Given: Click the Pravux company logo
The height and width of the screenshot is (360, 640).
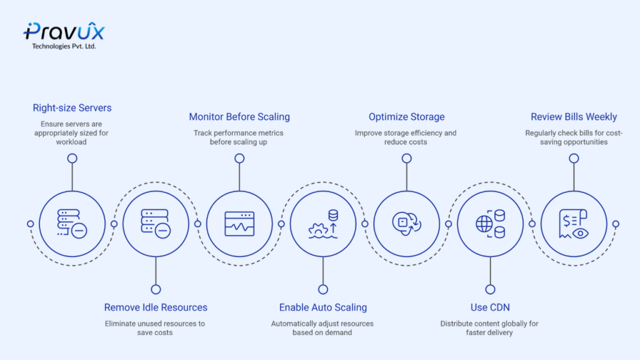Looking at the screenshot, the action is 64,35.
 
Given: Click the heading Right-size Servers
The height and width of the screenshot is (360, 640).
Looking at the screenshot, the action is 72,107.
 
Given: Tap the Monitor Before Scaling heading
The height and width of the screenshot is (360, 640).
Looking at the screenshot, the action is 239,117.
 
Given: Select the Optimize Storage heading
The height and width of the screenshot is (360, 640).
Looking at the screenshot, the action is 406,117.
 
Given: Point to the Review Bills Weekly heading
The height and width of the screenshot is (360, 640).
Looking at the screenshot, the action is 574,117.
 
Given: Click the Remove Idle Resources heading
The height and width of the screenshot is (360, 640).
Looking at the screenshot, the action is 156,307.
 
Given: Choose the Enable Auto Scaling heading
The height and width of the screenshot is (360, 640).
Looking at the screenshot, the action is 323,307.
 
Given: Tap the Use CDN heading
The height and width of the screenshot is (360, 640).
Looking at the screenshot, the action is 490,307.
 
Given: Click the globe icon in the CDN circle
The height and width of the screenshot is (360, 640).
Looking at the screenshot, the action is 484,224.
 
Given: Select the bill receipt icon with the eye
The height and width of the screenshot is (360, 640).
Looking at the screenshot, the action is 574,224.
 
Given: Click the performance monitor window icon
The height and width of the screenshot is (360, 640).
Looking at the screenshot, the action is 239,224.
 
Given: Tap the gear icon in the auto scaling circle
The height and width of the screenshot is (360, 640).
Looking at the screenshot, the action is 318,230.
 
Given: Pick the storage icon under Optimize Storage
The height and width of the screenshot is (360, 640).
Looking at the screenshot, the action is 406,224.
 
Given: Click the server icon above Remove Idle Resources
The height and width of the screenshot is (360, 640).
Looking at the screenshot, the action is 156,223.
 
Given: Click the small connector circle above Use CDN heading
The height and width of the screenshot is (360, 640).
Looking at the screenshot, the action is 490,289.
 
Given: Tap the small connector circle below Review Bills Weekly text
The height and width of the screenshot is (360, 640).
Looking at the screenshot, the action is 574,158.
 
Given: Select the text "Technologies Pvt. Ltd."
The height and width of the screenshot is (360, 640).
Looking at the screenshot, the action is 64,46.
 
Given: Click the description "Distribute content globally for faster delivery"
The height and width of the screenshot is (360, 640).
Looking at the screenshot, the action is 489,328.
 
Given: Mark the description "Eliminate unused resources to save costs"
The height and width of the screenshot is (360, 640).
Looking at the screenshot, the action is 155,328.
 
